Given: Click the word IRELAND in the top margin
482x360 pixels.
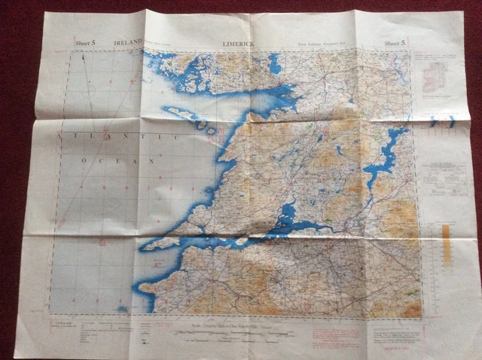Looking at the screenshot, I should (x=127, y=44).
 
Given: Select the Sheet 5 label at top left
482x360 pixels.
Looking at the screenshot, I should (x=85, y=44).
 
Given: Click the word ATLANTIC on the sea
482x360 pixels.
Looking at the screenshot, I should (x=124, y=138).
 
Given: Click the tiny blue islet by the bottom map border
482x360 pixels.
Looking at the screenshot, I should (x=123, y=308).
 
